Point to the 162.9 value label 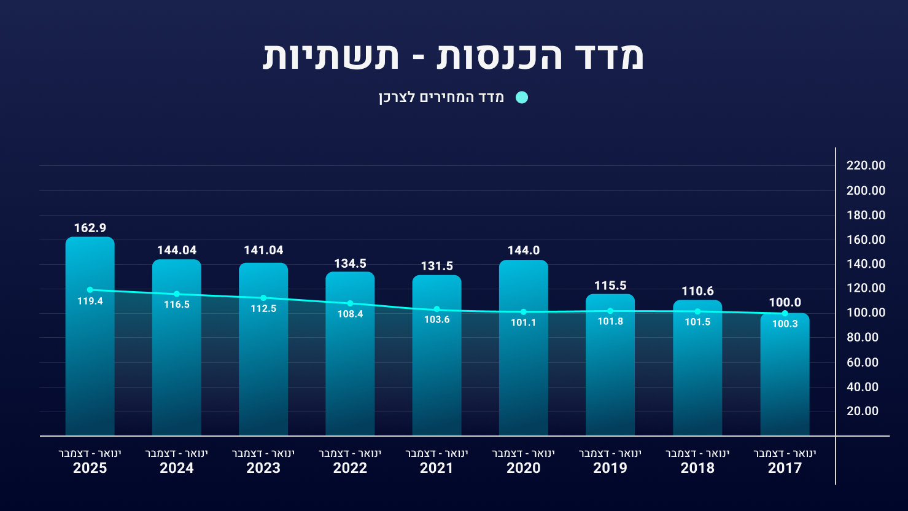click(x=90, y=228)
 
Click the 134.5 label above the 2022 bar click(x=350, y=263)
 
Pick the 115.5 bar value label click(x=610, y=286)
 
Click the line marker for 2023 click(x=263, y=298)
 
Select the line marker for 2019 click(x=610, y=311)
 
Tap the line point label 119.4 click(x=90, y=302)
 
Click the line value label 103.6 click(x=437, y=319)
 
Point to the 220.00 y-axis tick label click(x=866, y=165)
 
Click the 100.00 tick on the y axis click(x=866, y=313)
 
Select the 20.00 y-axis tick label click(x=863, y=411)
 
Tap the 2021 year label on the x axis click(x=437, y=468)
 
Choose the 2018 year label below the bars click(x=697, y=468)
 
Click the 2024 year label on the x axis click(x=177, y=468)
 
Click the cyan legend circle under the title click(x=522, y=98)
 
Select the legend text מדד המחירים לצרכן click(x=441, y=98)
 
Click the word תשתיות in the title click(x=331, y=57)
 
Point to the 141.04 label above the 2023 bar click(x=263, y=251)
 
